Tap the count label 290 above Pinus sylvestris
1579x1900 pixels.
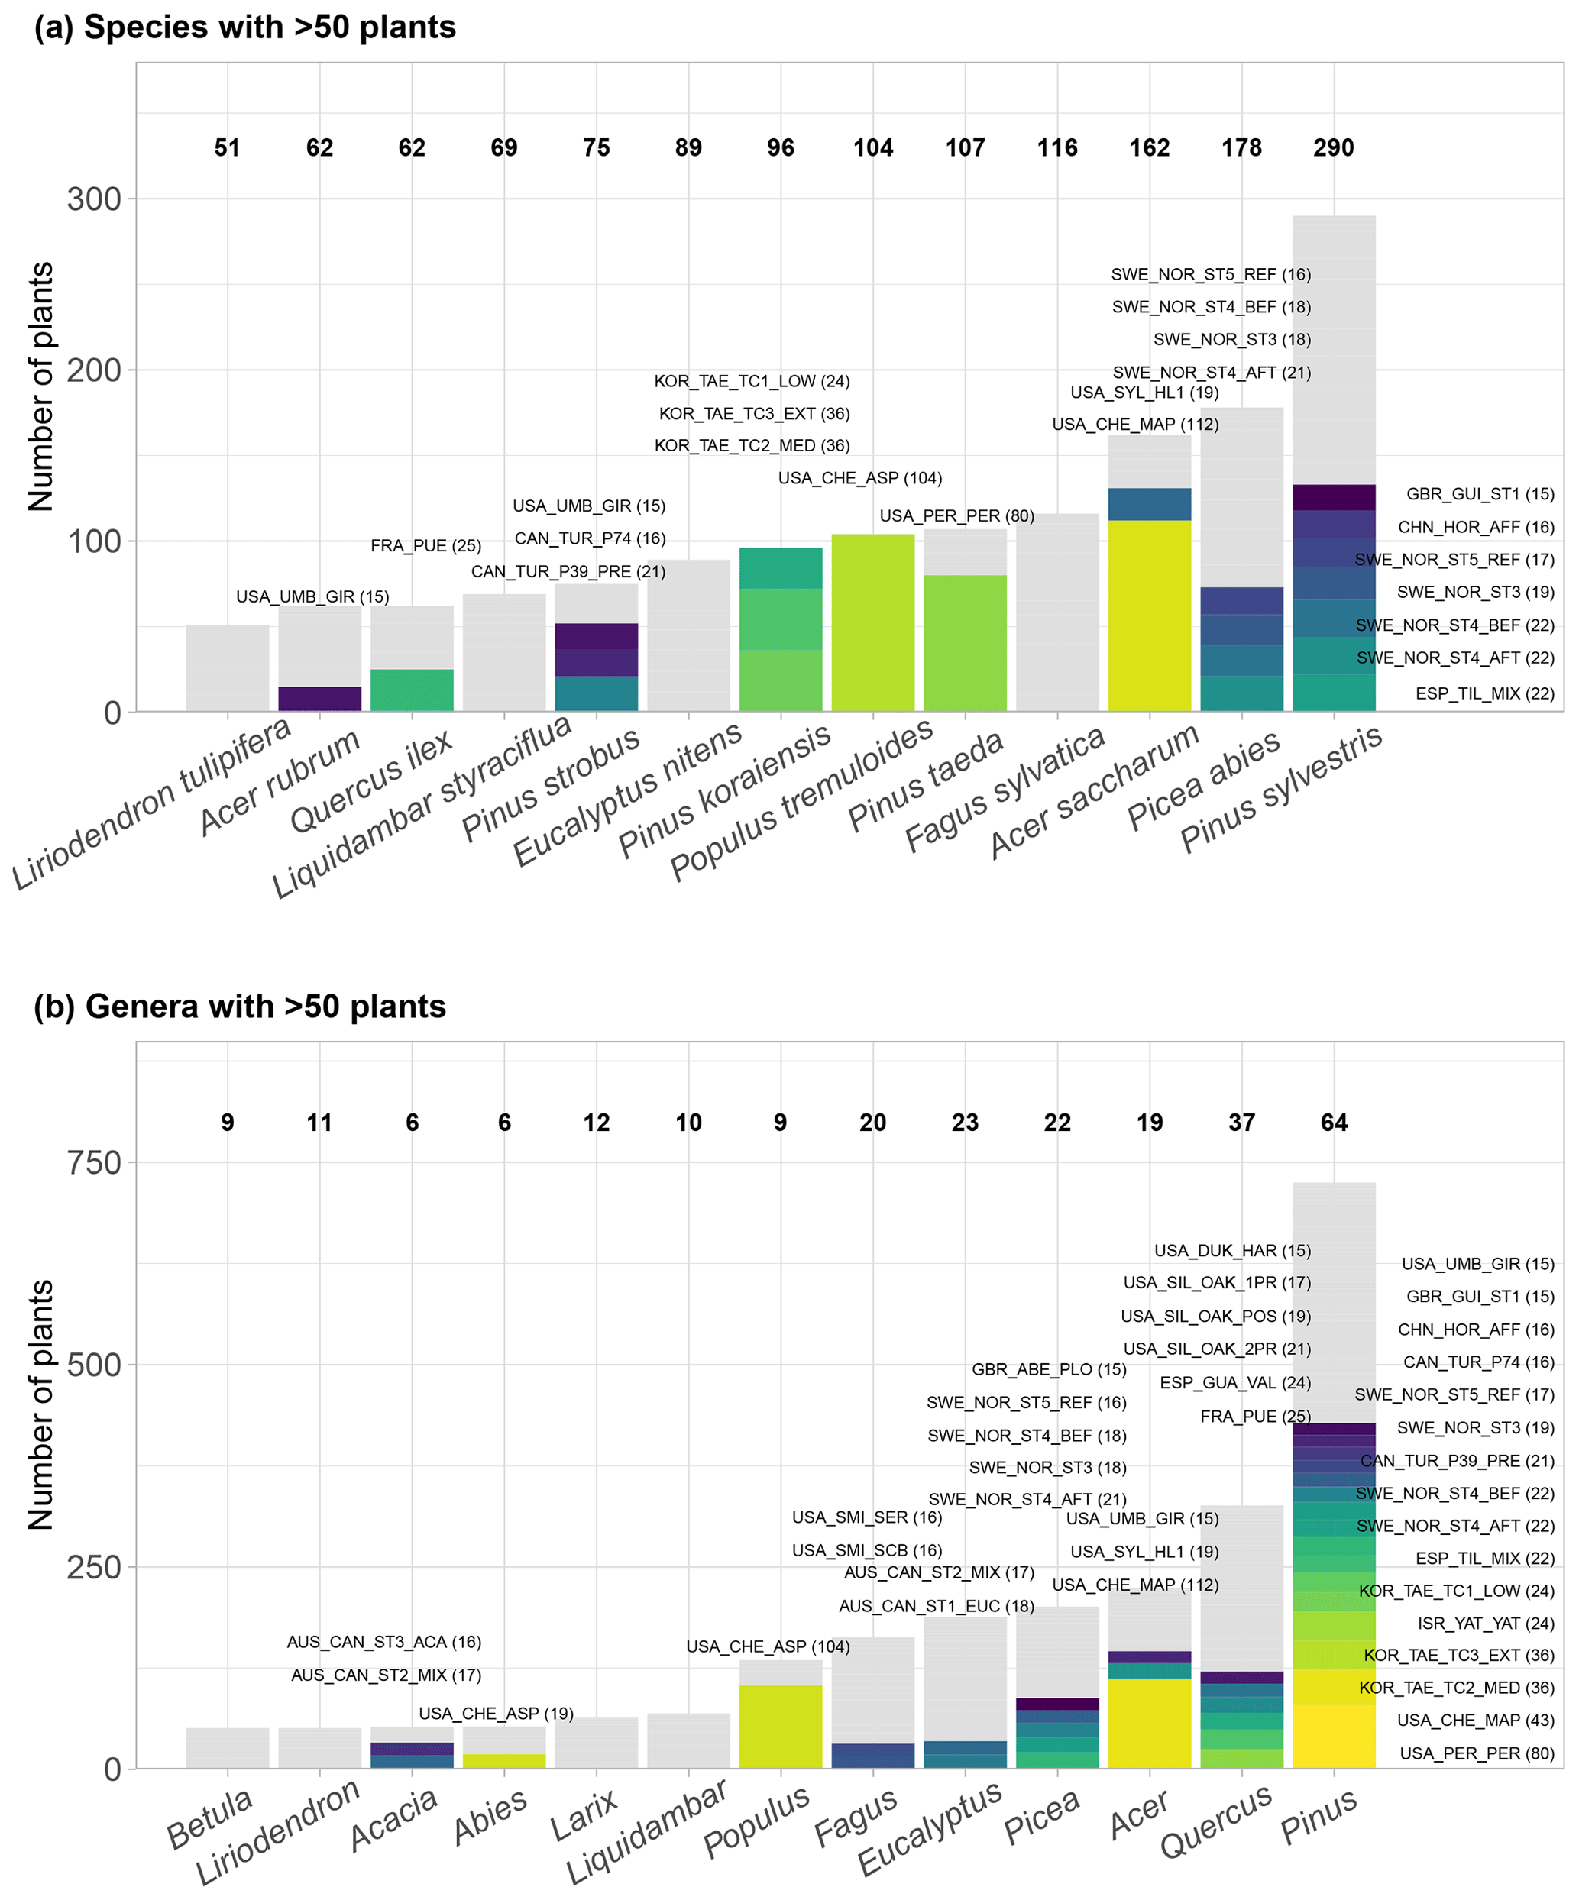(1333, 147)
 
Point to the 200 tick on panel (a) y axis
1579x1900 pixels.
(94, 370)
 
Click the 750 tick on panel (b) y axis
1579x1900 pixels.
(94, 1162)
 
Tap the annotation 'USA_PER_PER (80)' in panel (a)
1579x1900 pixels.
(956, 515)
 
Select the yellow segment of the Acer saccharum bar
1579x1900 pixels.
(1149, 616)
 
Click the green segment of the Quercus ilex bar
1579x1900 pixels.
(412, 690)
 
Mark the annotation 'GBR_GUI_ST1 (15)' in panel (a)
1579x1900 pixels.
(1480, 494)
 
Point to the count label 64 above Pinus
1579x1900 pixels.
(1333, 1123)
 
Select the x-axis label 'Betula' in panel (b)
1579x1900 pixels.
(210, 1818)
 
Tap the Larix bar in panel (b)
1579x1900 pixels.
(595, 1743)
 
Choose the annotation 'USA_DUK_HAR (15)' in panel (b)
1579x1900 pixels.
(1231, 1250)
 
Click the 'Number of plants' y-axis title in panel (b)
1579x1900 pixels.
(41, 1404)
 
